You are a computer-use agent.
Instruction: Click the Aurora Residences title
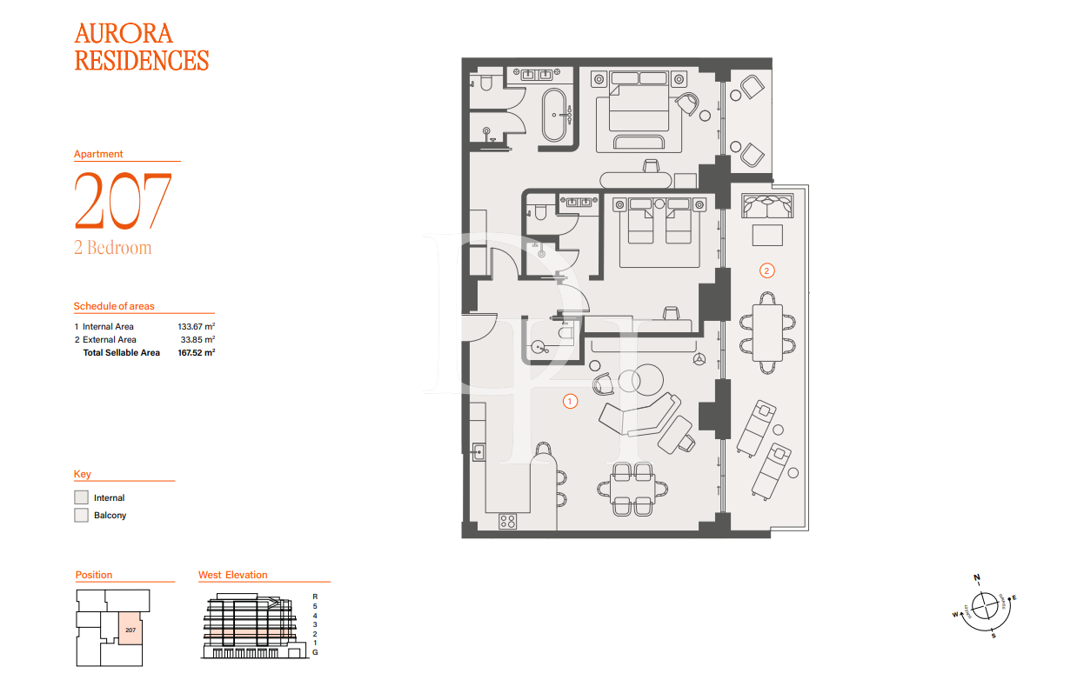[141, 47]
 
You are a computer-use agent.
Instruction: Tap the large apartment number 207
[123, 201]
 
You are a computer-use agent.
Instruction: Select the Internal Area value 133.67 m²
[196, 326]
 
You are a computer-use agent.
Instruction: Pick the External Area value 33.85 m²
[197, 339]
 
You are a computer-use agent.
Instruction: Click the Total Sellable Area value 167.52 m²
[196, 353]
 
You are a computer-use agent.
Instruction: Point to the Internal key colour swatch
[81, 497]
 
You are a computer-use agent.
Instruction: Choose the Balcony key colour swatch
[81, 515]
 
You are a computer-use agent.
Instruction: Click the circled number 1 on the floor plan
[570, 401]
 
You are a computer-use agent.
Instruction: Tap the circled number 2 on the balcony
[766, 270]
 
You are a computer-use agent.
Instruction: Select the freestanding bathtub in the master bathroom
[555, 114]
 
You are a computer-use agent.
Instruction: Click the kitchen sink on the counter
[478, 450]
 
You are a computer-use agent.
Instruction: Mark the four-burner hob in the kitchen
[507, 521]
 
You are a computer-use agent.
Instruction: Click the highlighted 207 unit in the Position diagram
[130, 629]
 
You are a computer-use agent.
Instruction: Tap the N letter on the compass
[977, 577]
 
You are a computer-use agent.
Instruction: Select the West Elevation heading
[232, 575]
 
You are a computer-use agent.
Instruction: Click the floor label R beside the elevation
[314, 597]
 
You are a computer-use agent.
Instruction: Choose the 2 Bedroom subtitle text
[112, 248]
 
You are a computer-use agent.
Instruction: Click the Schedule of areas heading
[113, 306]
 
